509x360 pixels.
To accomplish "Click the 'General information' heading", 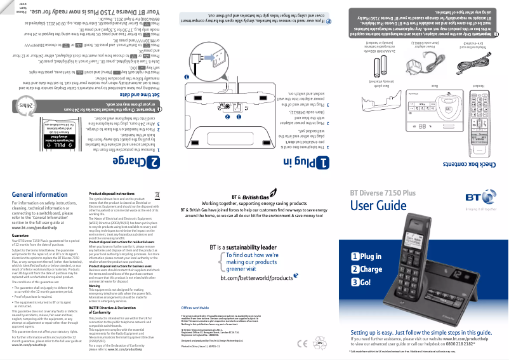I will coord(40,195).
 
